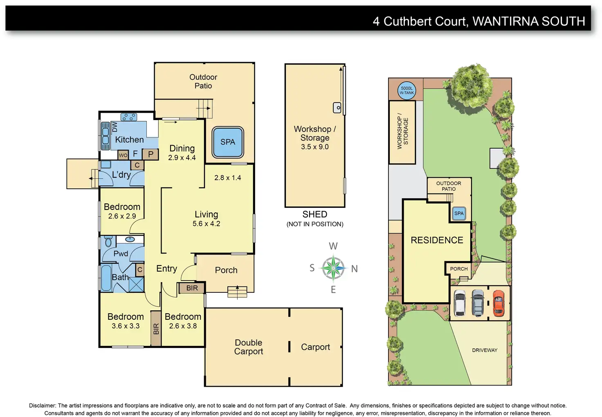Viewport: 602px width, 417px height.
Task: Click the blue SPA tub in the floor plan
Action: click(228, 142)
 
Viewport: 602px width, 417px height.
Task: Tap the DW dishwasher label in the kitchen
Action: click(115, 127)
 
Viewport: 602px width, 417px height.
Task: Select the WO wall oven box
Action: click(123, 155)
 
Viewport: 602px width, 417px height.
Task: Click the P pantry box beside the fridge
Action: click(150, 154)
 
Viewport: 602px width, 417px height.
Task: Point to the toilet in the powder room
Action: click(108, 242)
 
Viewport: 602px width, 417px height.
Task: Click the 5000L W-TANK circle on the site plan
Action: click(407, 90)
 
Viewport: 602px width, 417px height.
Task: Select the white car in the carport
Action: click(460, 303)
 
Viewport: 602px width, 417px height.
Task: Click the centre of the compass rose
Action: click(333, 268)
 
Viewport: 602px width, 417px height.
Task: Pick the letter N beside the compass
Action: click(354, 269)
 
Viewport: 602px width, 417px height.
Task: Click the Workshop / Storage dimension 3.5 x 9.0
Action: click(314, 147)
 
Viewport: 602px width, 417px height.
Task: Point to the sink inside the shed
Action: click(337, 107)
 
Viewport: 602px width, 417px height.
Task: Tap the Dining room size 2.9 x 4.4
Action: click(182, 158)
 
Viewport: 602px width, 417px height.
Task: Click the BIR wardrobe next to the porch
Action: click(192, 288)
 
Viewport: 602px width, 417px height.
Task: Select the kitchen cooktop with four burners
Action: click(128, 117)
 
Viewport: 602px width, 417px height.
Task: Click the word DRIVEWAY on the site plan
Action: click(485, 350)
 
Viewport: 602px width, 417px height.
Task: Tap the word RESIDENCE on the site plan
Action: click(437, 240)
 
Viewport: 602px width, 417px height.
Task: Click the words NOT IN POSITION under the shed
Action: click(315, 224)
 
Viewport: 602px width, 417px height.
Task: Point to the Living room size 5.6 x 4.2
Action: click(206, 224)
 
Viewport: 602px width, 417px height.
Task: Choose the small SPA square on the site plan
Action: click(459, 214)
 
